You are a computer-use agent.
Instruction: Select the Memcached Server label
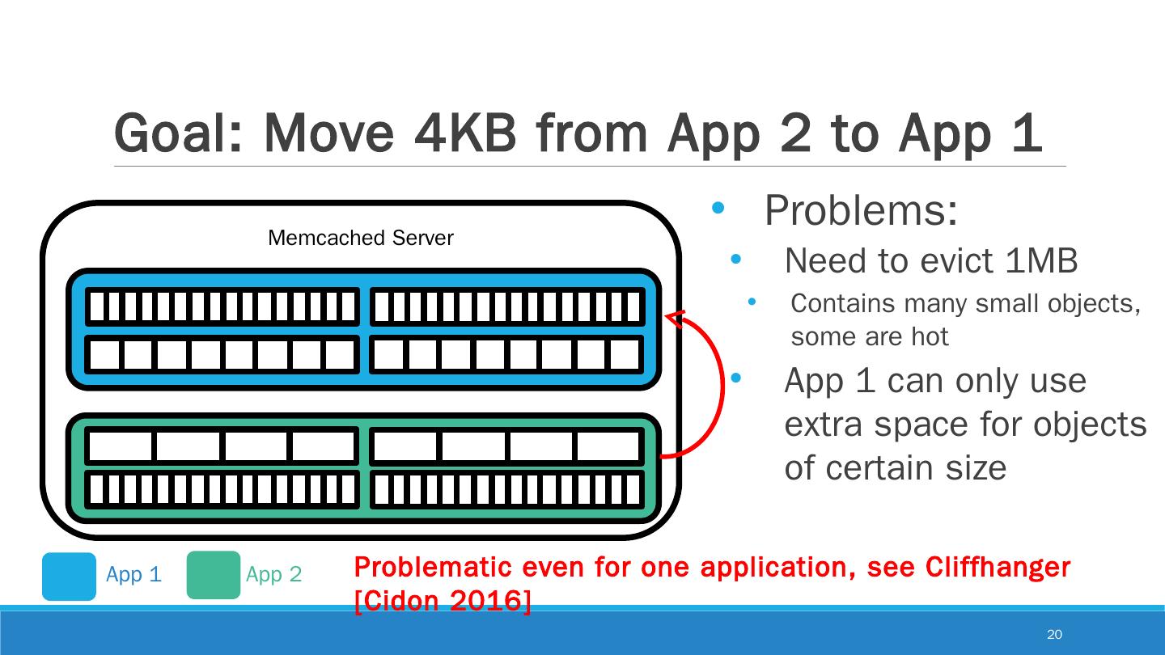pos(360,238)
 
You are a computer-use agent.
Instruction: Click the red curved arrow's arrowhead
pos(676,318)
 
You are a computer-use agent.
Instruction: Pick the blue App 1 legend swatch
pos(69,576)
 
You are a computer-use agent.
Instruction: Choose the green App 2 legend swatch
pos(214,575)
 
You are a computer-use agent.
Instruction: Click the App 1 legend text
pos(133,575)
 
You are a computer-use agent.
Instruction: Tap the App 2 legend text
pos(273,575)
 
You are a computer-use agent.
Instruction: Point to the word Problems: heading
pos(861,211)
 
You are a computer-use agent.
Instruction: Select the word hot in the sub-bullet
pos(930,336)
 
